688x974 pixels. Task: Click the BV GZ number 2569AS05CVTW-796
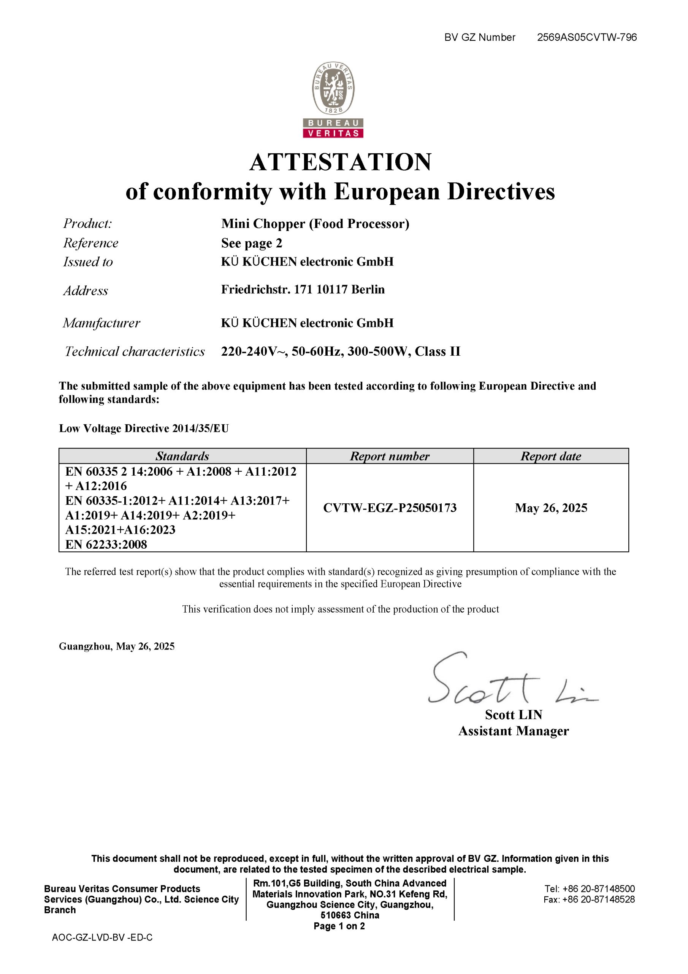587,37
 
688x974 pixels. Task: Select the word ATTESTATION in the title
341,162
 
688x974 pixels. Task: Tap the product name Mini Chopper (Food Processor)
315,224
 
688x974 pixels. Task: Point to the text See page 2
251,243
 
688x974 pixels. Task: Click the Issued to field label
88,262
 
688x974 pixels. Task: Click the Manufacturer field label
101,323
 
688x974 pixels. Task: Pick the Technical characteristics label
135,351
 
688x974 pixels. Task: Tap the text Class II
438,351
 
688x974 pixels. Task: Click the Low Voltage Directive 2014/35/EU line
144,428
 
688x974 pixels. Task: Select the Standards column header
182,456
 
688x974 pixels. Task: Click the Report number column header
390,456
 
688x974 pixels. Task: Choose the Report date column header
551,456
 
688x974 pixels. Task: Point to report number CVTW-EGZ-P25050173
390,508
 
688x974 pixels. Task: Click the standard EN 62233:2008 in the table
106,544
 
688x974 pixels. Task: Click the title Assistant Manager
514,731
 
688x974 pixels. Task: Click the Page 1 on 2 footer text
339,926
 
